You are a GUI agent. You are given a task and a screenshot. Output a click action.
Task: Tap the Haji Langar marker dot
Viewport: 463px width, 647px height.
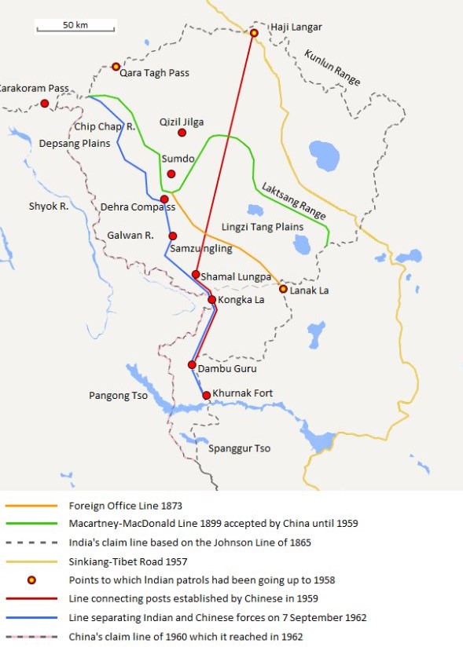(254, 33)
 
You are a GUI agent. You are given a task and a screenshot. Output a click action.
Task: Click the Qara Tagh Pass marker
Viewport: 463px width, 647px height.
(116, 67)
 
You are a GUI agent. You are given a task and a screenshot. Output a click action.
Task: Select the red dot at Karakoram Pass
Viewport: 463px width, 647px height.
(45, 104)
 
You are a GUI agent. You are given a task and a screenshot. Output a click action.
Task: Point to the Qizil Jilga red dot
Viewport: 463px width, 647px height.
(182, 133)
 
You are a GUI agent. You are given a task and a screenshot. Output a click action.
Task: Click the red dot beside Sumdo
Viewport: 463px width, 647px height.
(171, 174)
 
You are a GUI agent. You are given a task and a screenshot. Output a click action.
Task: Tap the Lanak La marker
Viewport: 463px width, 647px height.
(283, 289)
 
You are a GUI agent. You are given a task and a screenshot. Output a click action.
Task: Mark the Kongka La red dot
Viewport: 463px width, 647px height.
(211, 299)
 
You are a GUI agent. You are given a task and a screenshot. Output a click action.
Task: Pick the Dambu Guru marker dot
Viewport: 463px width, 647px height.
(192, 365)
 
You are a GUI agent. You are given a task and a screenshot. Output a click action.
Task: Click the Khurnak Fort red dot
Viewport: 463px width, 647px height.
(206, 395)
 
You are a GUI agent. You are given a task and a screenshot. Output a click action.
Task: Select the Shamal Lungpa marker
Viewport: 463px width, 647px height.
(196, 274)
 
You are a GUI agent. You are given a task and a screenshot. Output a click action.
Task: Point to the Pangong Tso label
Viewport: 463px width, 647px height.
(118, 396)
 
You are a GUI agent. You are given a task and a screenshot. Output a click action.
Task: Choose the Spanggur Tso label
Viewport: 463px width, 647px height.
(240, 448)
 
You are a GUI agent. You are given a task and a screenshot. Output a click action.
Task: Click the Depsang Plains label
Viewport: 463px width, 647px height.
(75, 144)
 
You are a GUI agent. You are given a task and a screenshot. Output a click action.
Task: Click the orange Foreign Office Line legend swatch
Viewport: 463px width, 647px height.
(31, 506)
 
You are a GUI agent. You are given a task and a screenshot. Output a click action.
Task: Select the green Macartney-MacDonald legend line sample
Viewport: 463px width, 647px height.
(31, 522)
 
